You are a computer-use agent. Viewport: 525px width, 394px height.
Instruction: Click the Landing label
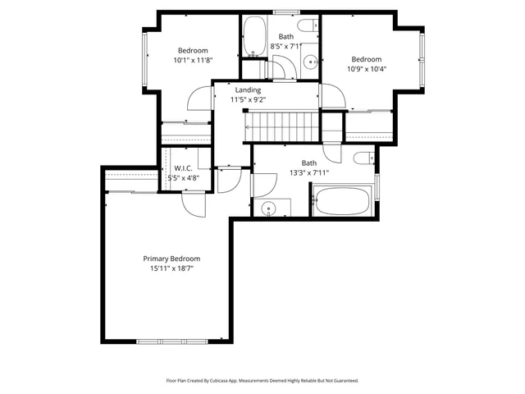tap(248, 90)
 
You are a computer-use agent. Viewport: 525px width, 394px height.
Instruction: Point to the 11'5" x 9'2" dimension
tap(248, 100)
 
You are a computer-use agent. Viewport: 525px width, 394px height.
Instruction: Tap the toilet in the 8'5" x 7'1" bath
tap(308, 25)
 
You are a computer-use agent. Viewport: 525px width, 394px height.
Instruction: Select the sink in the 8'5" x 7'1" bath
tap(310, 62)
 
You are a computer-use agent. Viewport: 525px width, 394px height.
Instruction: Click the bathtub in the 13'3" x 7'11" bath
tap(343, 201)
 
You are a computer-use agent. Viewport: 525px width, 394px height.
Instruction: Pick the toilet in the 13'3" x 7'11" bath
tap(364, 158)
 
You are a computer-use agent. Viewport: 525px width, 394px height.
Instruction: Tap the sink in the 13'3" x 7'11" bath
tap(269, 208)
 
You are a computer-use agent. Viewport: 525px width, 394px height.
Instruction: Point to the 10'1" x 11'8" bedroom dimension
tap(193, 60)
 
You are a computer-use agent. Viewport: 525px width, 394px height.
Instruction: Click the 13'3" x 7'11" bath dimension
tap(308, 172)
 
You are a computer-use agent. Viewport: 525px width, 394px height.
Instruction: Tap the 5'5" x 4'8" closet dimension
tap(183, 178)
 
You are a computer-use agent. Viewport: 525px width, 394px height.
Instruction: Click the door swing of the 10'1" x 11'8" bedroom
tap(198, 101)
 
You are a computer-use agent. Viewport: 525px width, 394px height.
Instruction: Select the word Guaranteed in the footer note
tap(341, 381)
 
